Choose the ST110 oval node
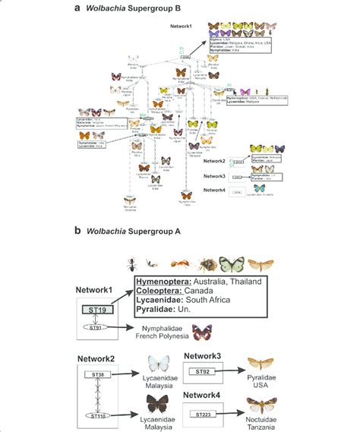[109, 415]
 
